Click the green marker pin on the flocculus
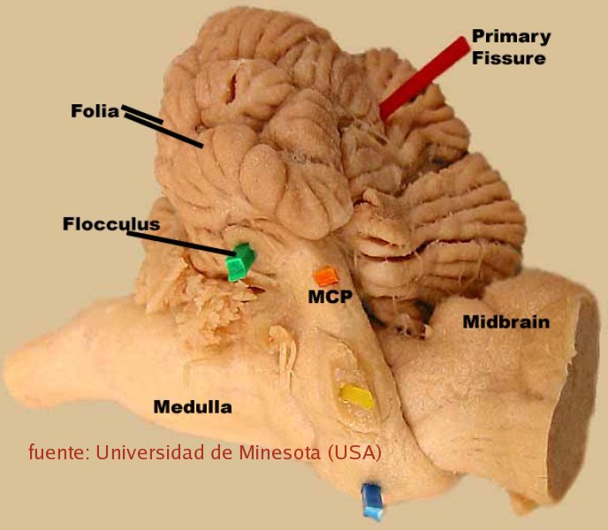240,261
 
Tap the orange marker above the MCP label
326,276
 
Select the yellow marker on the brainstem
357,397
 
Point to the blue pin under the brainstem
372,501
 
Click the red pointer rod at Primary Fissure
424,79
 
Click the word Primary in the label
512,37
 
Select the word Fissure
509,58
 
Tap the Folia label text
95,111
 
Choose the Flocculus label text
111,224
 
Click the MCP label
331,297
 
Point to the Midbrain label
506,322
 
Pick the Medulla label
193,406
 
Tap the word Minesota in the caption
279,452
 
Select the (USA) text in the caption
354,452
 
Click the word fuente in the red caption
59,452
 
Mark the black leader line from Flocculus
181,244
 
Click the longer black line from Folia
163,131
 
